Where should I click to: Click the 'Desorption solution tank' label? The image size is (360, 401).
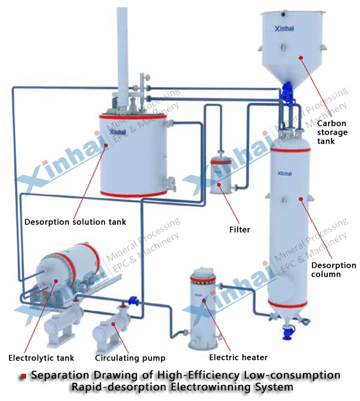[75, 222]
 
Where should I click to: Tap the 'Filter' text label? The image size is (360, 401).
[239, 229]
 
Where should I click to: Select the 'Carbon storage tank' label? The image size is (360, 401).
[326, 132]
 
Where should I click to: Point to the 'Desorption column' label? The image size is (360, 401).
[334, 270]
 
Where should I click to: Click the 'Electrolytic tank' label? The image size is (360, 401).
[41, 358]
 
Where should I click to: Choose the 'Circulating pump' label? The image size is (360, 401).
[130, 358]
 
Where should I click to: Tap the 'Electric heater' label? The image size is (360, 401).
[238, 357]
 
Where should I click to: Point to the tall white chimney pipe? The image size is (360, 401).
[122, 48]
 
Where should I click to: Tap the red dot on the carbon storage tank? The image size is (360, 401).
[301, 58]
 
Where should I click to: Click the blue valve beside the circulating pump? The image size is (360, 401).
[134, 301]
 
